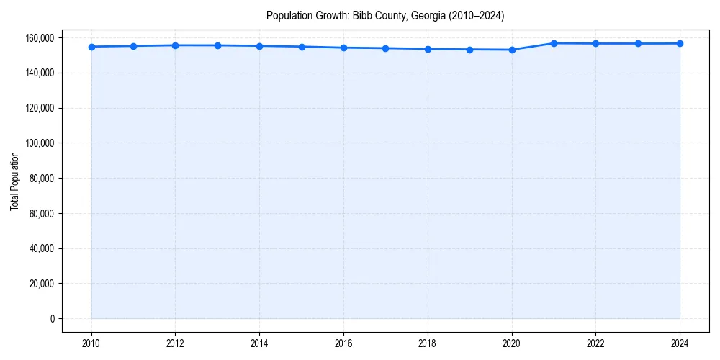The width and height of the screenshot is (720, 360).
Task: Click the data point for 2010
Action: [x=91, y=47]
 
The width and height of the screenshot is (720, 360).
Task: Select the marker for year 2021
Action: [x=554, y=43]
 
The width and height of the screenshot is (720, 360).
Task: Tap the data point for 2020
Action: [x=512, y=50]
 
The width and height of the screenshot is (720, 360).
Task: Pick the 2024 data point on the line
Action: [x=680, y=44]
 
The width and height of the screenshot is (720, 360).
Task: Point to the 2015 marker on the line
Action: [x=302, y=47]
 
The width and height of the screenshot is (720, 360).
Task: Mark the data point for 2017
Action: [x=386, y=48]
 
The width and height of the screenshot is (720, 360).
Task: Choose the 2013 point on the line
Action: [x=217, y=45]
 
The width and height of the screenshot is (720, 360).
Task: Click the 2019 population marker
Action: [x=470, y=50]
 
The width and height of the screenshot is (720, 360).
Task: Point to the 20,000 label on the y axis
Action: [x=41, y=284]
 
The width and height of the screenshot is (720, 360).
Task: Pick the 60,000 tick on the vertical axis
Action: [x=41, y=214]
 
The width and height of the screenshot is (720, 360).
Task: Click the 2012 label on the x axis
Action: [x=175, y=343]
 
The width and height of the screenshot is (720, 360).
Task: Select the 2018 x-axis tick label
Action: [x=428, y=343]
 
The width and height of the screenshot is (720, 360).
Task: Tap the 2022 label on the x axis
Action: [x=596, y=343]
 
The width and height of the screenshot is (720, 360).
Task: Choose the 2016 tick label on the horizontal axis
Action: [x=343, y=343]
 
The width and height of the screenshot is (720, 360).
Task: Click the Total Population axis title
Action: [x=14, y=181]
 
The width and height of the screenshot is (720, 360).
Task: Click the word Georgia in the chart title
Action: [x=426, y=15]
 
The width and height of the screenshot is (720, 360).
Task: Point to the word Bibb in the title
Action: [x=363, y=15]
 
